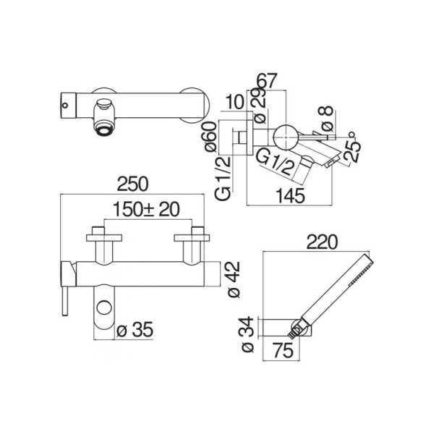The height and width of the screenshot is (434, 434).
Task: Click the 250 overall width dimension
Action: (133, 184)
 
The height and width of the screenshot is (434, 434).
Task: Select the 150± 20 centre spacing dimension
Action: (146, 209)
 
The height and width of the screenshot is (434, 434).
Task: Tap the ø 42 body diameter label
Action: (233, 279)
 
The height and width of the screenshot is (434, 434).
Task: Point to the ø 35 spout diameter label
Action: (135, 330)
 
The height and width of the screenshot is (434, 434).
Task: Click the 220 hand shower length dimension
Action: (322, 242)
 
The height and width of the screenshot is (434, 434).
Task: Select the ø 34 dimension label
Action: (247, 334)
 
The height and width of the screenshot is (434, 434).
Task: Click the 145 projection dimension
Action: (290, 196)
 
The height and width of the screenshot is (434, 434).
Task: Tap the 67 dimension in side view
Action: (267, 81)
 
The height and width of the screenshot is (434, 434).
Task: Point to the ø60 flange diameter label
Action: (211, 137)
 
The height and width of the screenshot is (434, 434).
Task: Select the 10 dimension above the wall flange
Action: (234, 101)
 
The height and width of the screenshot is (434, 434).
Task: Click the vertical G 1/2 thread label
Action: (223, 178)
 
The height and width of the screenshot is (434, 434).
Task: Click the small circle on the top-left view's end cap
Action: (65, 105)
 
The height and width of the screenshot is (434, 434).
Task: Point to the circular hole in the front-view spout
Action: (104, 308)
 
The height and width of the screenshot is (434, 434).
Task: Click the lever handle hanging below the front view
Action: (65, 302)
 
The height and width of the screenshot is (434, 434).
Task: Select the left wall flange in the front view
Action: (104, 238)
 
